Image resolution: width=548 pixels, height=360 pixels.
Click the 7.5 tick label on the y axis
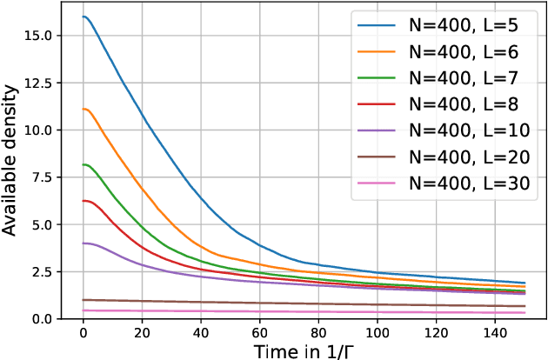tap(43, 177)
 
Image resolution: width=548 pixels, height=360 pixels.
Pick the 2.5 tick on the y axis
tap(43, 271)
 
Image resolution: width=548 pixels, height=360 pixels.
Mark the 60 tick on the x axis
tap(260, 332)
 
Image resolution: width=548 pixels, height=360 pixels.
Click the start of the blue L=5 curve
tap(83, 17)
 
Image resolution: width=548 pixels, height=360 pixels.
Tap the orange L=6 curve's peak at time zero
tap(83, 109)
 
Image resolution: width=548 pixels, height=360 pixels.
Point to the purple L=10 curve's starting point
tap(83, 243)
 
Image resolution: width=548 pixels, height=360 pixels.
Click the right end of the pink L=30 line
tap(525, 313)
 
